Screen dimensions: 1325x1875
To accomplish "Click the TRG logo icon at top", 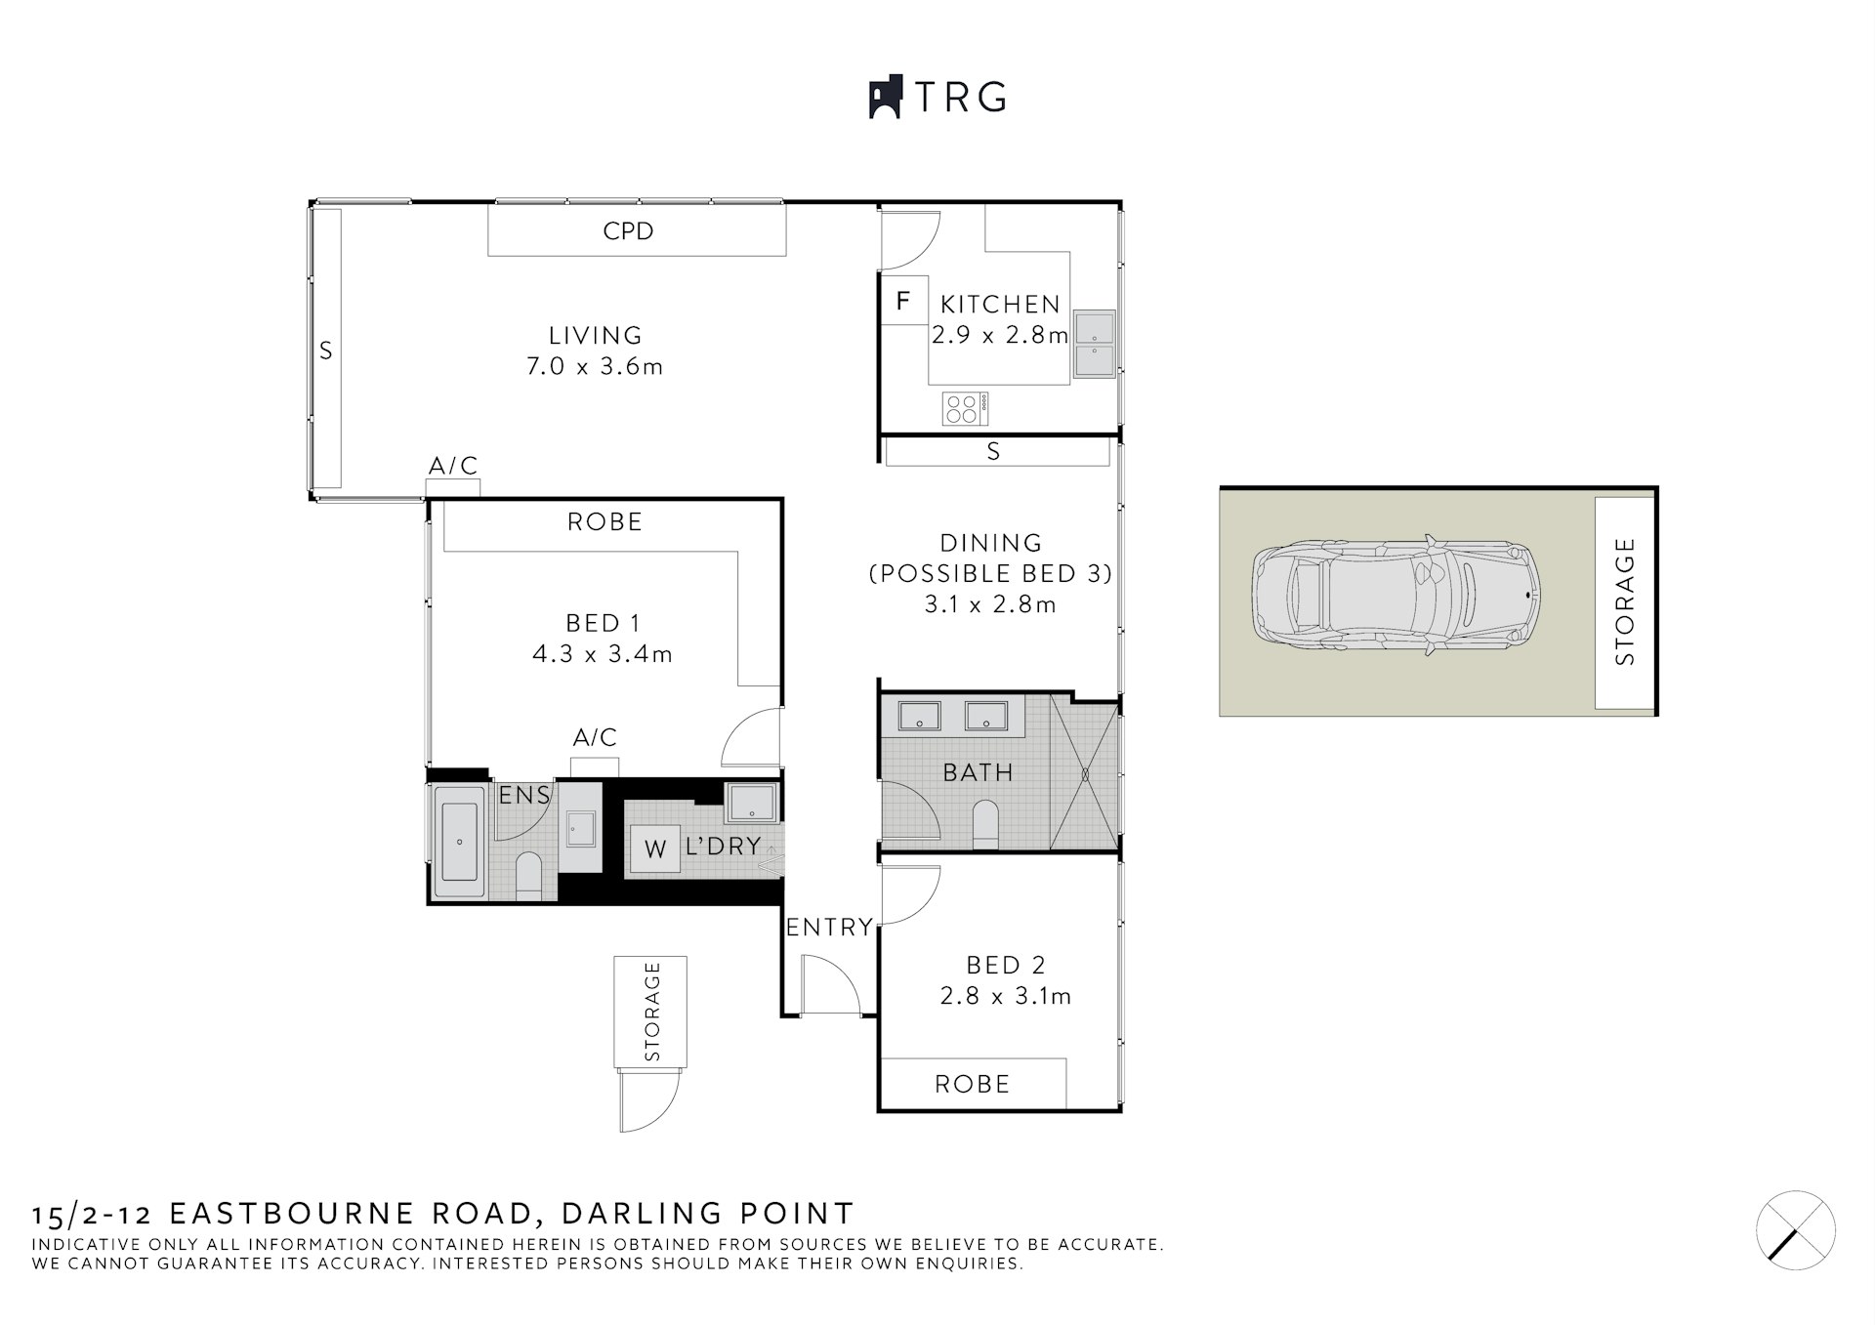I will [885, 97].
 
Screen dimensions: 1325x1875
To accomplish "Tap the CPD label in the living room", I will [628, 231].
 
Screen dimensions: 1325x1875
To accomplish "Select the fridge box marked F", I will [903, 301].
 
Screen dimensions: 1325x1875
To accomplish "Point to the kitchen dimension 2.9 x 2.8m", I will [999, 335].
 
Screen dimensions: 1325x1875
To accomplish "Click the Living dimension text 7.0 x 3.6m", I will [595, 366].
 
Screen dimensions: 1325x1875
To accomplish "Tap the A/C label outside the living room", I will [453, 466].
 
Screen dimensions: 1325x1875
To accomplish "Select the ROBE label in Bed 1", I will [604, 522].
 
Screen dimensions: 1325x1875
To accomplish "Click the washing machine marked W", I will [654, 849].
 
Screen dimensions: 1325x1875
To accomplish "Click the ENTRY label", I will [829, 927].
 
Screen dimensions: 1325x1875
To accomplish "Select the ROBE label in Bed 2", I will [972, 1084].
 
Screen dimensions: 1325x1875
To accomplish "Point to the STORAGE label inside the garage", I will [1624, 601].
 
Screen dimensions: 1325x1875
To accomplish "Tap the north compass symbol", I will [1795, 1230].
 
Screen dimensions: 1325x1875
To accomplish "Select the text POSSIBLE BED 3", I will [990, 573].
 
